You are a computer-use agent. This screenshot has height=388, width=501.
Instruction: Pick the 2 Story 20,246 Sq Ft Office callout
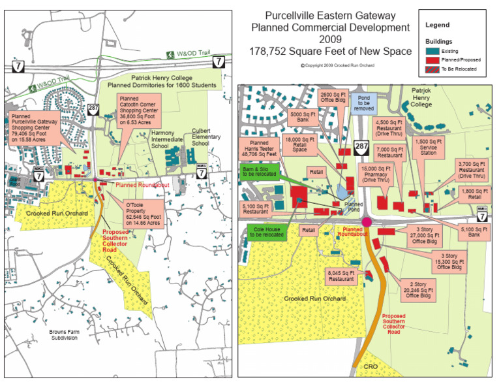click(422, 289)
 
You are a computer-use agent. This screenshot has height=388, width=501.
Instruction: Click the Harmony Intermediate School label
click(168, 138)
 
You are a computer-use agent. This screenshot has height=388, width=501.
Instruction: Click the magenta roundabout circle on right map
click(367, 222)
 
